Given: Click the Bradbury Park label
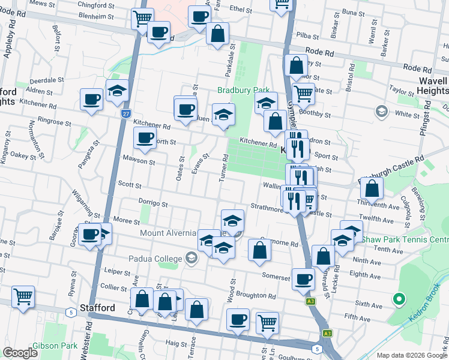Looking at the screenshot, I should (x=243, y=91).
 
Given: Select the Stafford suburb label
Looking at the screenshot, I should (x=97, y=308).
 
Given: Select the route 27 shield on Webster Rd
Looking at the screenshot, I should (x=125, y=113).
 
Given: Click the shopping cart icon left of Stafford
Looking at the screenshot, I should (x=23, y=296).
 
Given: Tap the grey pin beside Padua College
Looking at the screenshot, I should (x=191, y=259).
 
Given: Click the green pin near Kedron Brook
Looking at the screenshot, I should (x=397, y=298).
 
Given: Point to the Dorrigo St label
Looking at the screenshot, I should (x=152, y=204).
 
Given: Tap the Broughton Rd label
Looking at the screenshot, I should (x=256, y=296).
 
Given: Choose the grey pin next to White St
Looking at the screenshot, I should (x=381, y=111).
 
